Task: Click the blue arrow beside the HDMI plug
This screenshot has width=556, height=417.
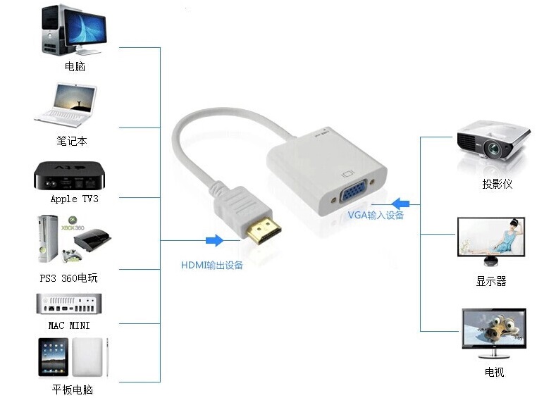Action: coord(214,240)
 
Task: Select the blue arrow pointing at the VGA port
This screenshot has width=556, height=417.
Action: coord(400,204)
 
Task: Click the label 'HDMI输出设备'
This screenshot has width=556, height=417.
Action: coord(211,265)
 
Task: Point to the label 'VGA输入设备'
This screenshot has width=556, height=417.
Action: coord(376,215)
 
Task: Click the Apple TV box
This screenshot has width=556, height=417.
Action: coord(69,175)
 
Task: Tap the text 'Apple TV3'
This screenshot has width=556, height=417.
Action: coord(74,199)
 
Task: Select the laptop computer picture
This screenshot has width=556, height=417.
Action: coord(66,105)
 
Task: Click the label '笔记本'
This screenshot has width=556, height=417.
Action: coord(72,141)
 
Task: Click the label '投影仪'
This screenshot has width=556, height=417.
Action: coord(497,184)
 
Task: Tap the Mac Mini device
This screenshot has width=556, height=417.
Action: coord(69,304)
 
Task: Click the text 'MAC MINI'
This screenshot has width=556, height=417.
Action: coord(69,325)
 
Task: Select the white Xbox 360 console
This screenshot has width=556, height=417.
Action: coord(47,239)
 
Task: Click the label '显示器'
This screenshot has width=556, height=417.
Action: coord(491,281)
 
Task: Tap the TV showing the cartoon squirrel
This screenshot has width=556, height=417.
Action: coord(494,333)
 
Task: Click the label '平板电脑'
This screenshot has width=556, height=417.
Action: coord(73,390)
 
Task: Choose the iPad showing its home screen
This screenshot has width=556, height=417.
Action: coord(53,357)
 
